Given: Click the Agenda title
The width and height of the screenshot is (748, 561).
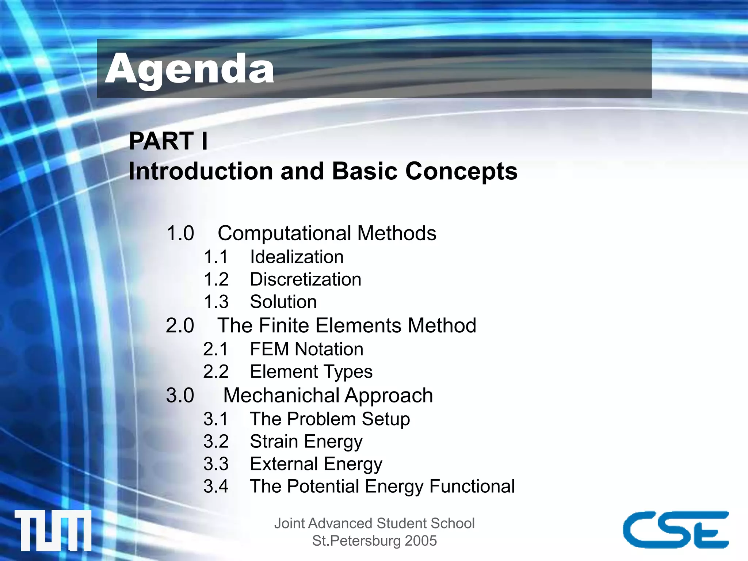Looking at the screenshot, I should (x=189, y=69).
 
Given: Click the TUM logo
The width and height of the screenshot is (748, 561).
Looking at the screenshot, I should (x=53, y=530).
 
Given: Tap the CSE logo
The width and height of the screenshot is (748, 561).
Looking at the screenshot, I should (x=676, y=529).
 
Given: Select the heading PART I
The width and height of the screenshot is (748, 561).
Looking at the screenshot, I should (x=168, y=141).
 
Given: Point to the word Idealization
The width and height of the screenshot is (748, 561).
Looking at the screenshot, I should (x=297, y=257).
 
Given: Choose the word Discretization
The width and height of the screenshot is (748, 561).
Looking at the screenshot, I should (x=306, y=279).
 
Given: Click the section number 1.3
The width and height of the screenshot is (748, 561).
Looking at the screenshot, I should (x=216, y=302).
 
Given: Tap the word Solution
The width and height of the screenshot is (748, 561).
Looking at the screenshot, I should (x=283, y=302).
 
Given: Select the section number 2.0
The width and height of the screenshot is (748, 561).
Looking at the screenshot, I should (x=180, y=325).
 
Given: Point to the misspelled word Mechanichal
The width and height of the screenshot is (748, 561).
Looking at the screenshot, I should (x=281, y=395).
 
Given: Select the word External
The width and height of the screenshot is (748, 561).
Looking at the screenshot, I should (x=284, y=464).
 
